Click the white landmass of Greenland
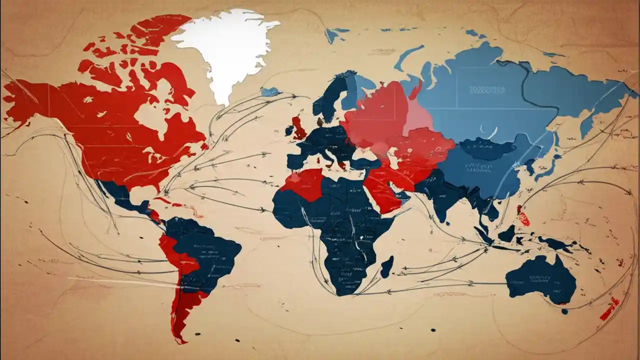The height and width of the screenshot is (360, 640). pos(220,50)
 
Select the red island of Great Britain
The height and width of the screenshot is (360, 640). pos(299,129)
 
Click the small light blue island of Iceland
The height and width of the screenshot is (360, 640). pos(269,92)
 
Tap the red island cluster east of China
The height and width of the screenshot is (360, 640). pos(523,218)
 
